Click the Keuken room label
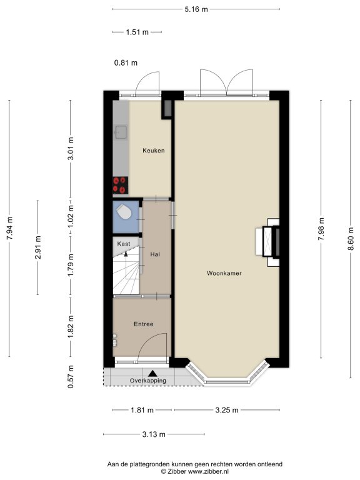tap(153, 150)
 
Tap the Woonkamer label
tap(224, 273)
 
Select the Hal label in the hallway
tap(155, 254)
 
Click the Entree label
tap(144, 324)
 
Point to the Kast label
tap(124, 244)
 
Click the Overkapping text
tap(148, 381)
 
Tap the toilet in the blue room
tap(123, 211)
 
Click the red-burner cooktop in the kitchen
tap(120, 185)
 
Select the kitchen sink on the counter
tap(121, 132)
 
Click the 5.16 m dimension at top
tap(196, 9)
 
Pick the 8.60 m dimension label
tap(351, 239)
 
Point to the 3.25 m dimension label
tap(226, 410)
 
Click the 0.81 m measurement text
tap(126, 63)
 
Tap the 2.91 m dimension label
tap(37, 247)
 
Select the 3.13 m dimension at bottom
tap(154, 434)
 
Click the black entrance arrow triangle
tap(152, 374)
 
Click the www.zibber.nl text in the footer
tap(208, 472)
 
